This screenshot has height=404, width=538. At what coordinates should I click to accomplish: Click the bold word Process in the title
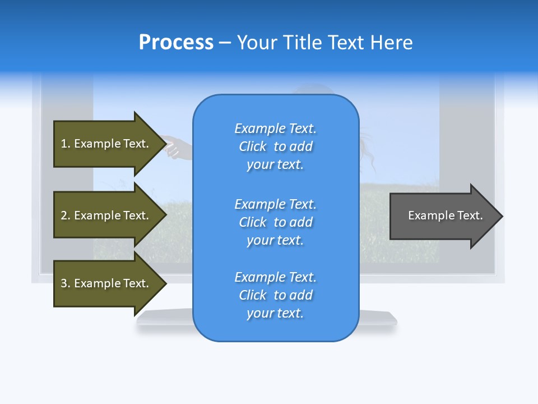176,43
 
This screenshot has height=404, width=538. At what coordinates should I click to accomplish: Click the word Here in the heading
392,43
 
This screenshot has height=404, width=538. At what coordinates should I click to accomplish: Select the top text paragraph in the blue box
275,146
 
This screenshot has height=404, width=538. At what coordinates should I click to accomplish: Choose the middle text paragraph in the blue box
275,222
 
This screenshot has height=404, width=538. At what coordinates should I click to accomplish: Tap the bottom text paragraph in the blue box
275,295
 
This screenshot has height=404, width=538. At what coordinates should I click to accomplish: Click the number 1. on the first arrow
66,144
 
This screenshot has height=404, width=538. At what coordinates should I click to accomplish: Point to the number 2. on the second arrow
66,215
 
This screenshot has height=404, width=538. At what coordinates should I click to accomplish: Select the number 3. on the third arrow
66,283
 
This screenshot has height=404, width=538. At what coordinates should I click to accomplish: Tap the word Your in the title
256,43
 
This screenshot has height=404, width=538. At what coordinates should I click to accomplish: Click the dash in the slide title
225,43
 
